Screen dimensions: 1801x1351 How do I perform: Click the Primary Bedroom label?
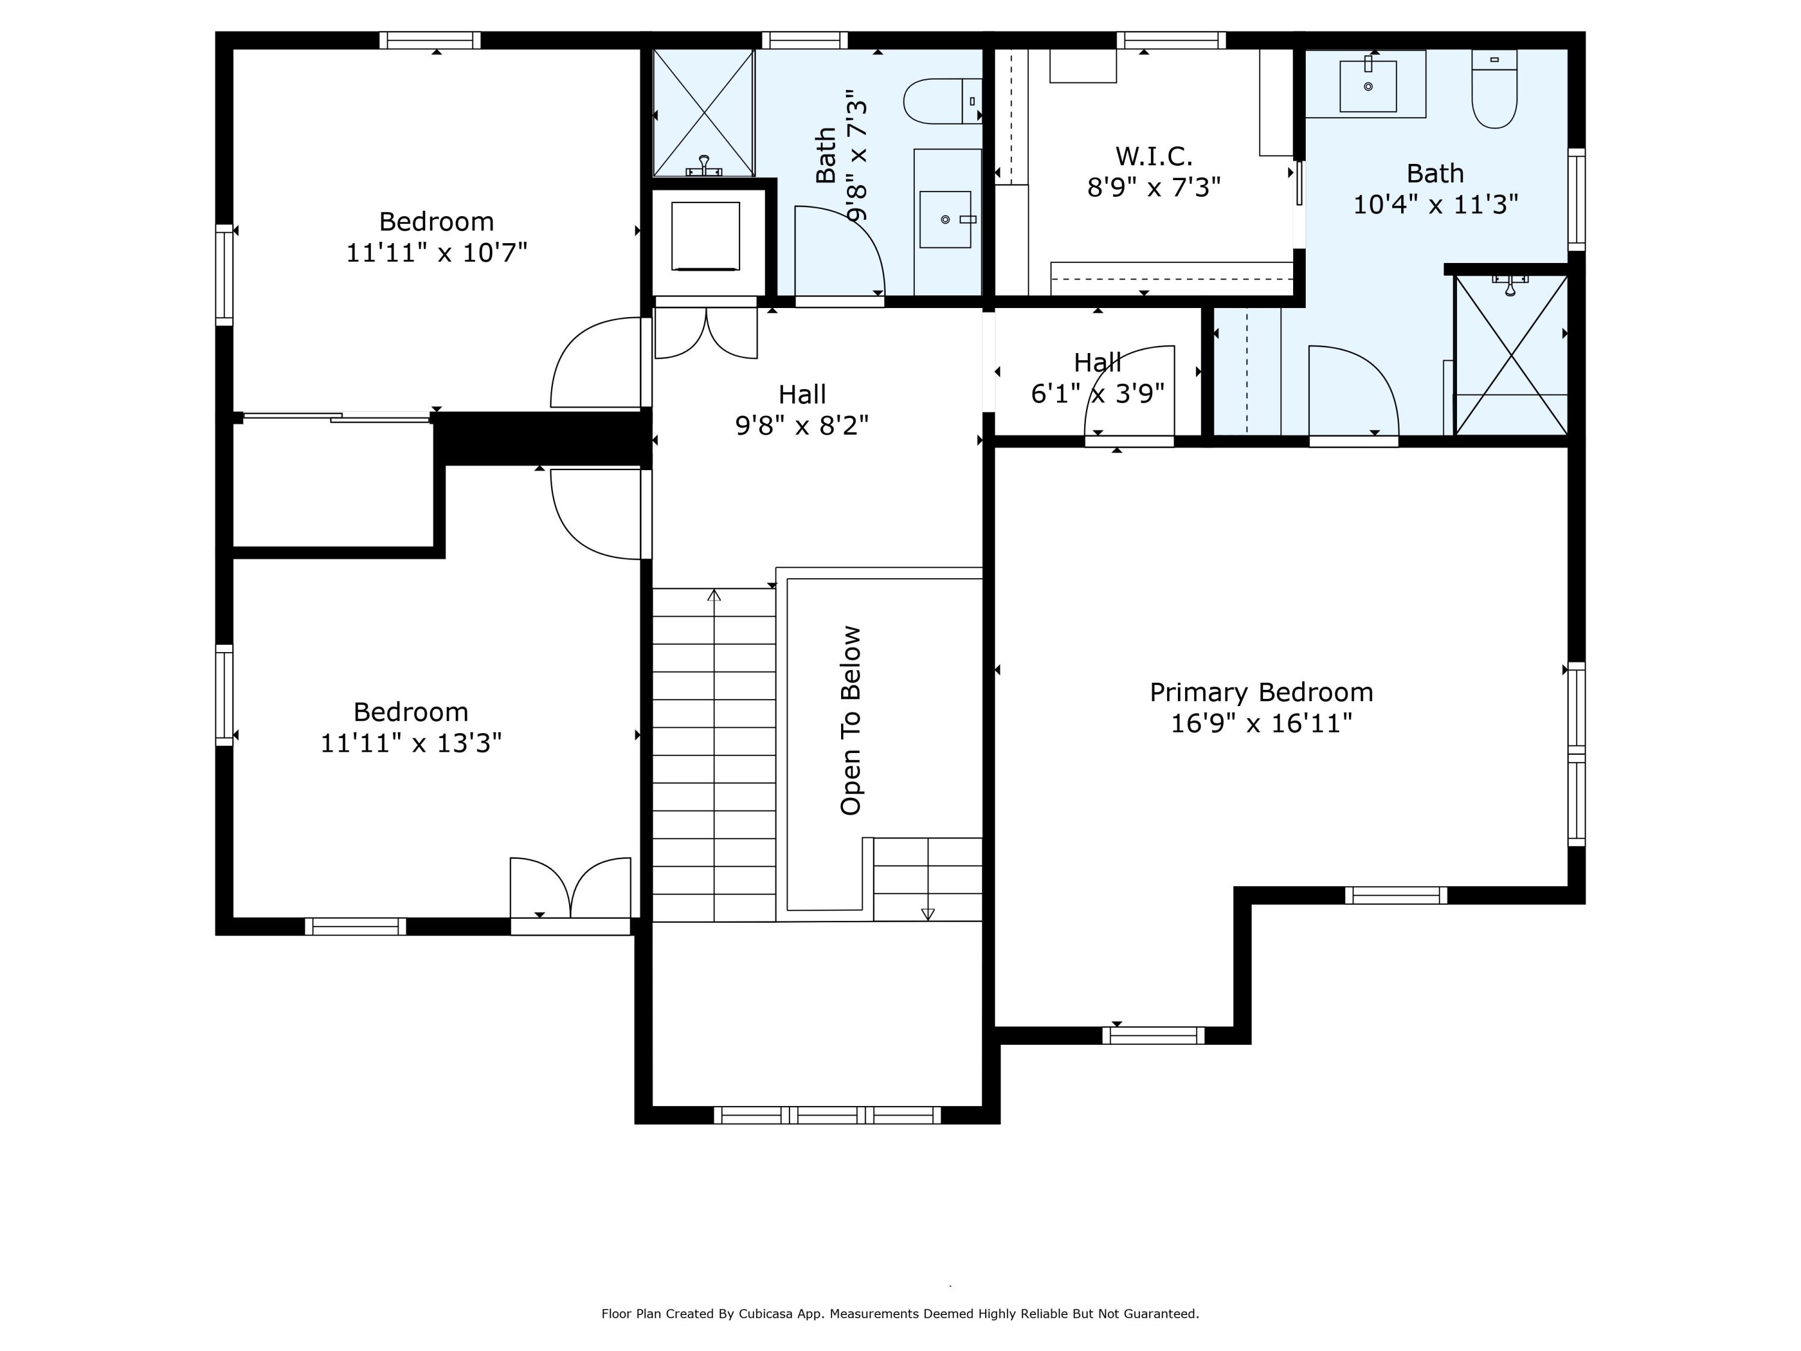click(1261, 693)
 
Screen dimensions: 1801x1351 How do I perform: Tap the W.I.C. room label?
click(1154, 156)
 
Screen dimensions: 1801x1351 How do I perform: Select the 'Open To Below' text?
click(850, 721)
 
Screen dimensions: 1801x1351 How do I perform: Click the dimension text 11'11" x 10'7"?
click(436, 252)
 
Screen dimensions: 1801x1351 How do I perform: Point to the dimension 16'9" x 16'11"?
click(1261, 723)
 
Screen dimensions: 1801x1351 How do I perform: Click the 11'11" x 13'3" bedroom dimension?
click(411, 743)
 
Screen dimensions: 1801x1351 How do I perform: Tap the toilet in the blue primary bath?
click(1494, 89)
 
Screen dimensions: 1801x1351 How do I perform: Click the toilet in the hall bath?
click(943, 101)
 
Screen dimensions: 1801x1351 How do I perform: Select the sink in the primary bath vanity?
click(1368, 85)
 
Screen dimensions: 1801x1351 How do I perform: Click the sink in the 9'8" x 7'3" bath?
click(946, 219)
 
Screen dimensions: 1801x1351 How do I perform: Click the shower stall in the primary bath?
click(1511, 355)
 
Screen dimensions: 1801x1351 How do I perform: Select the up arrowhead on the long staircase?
click(714, 594)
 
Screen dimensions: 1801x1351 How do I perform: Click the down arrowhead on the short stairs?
click(928, 914)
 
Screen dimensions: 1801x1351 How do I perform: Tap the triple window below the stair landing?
click(827, 1115)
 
